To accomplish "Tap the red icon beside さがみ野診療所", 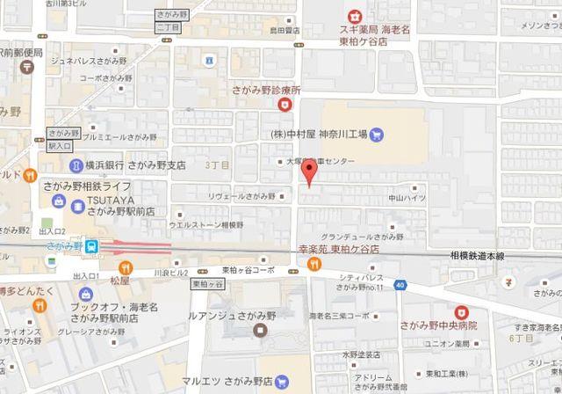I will (284, 105).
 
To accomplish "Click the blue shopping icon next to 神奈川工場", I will (376, 135).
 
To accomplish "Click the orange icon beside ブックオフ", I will (40, 306).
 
